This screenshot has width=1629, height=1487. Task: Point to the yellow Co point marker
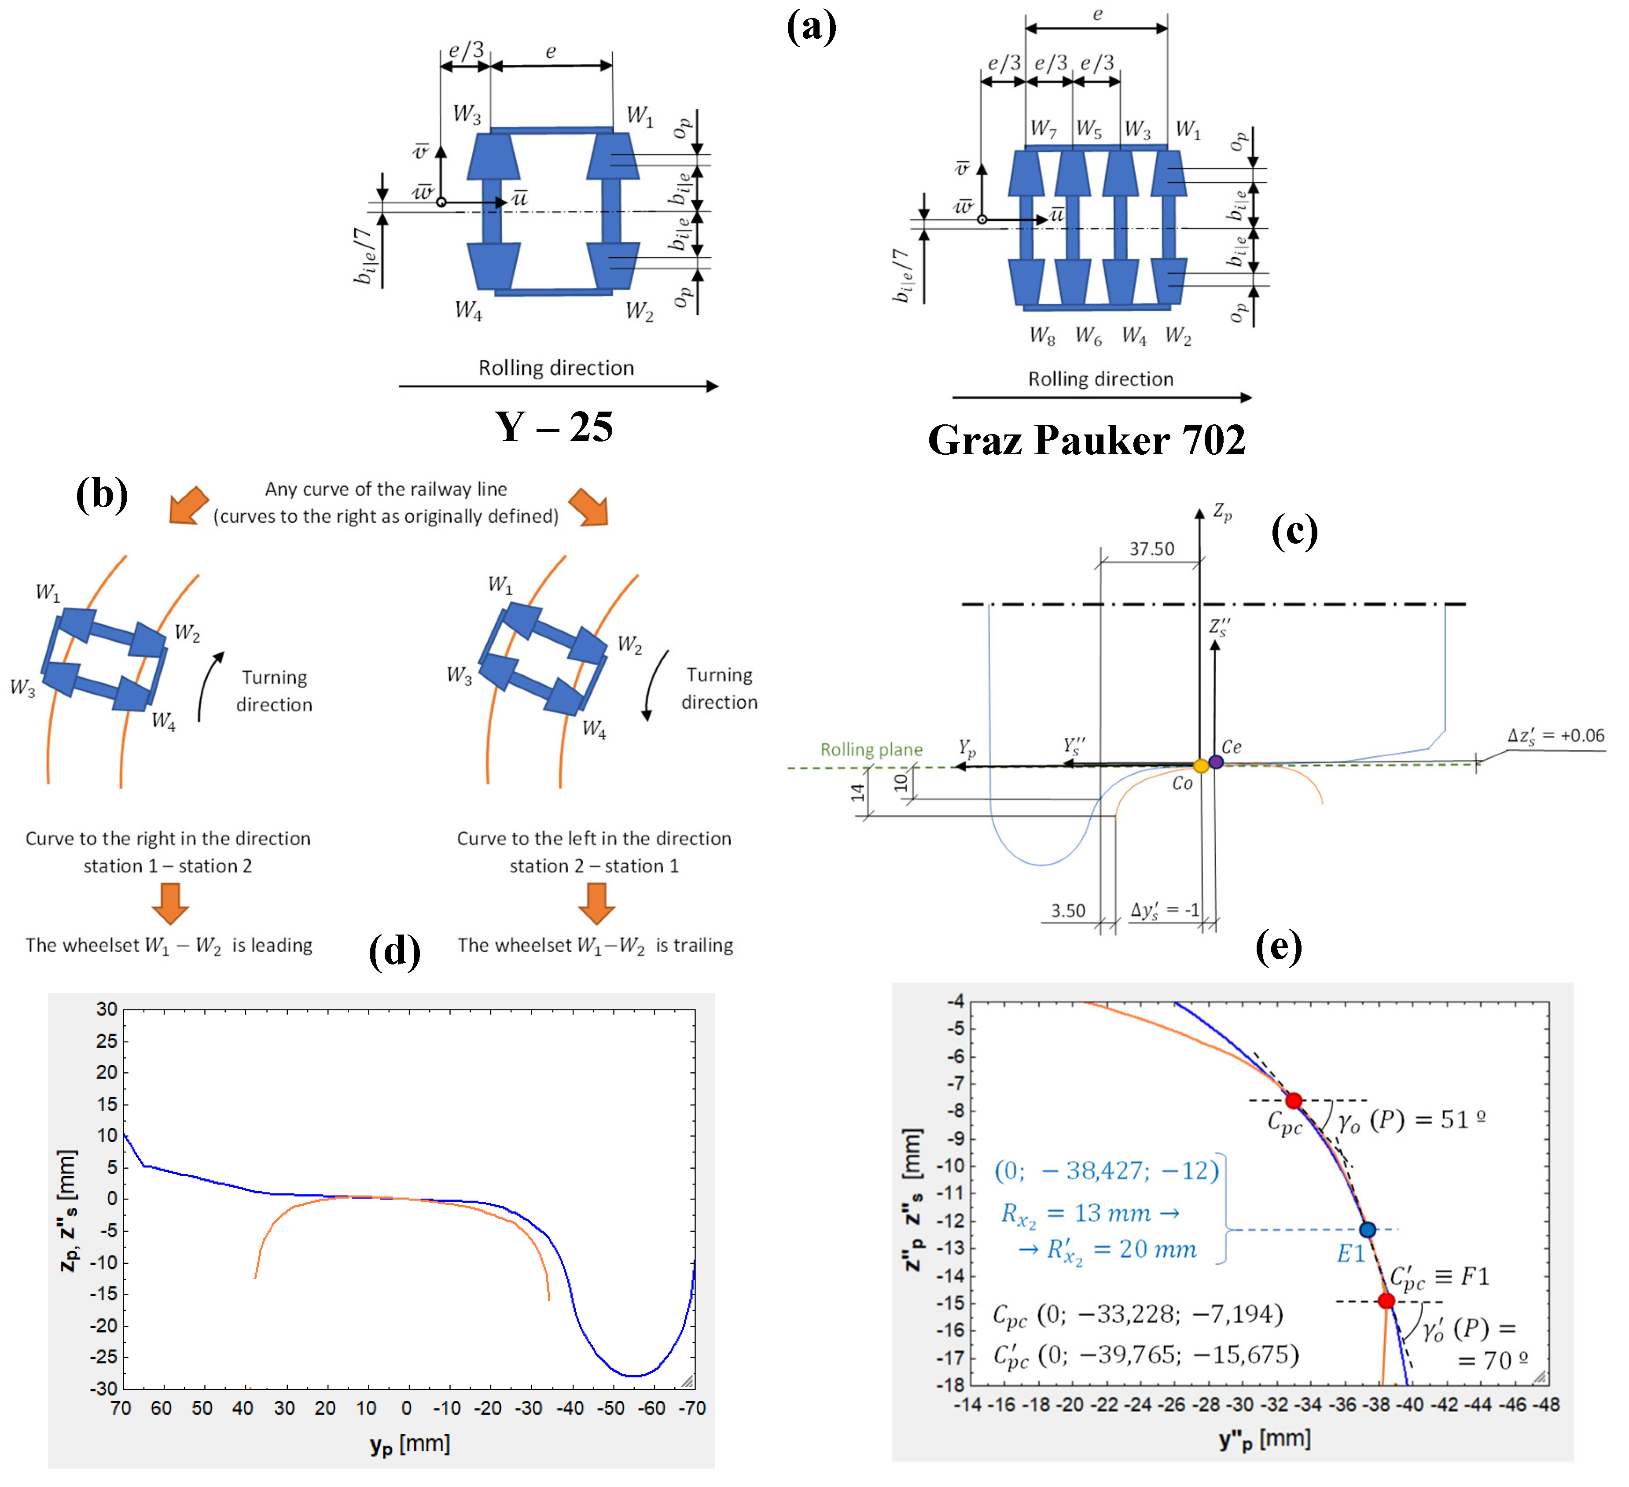click(x=1201, y=766)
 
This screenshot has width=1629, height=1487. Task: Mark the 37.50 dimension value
click(x=1151, y=549)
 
